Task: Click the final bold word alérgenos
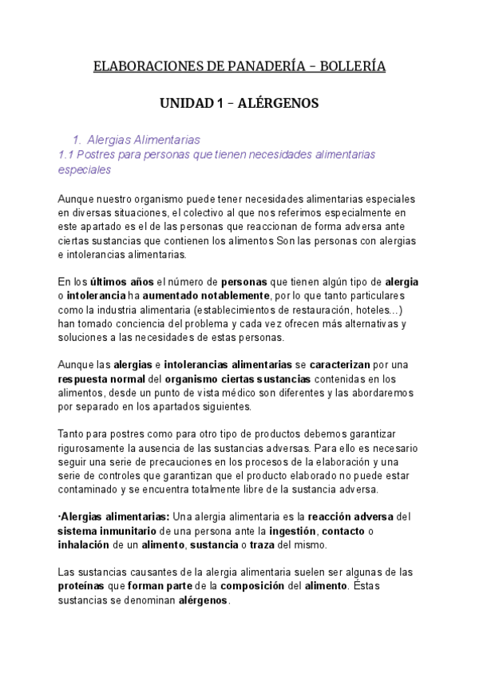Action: (x=204, y=601)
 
